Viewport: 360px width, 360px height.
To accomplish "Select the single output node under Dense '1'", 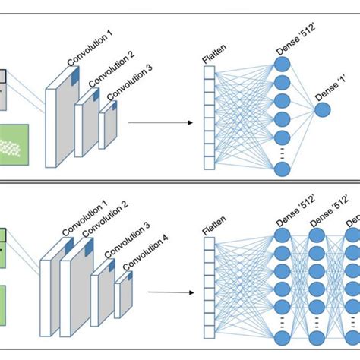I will [x=323, y=110].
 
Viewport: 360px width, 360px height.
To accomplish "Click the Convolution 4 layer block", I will [x=123, y=296].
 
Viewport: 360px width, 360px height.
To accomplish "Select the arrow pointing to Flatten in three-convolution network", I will [x=154, y=120].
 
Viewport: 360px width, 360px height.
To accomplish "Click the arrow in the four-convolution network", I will [x=168, y=291].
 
